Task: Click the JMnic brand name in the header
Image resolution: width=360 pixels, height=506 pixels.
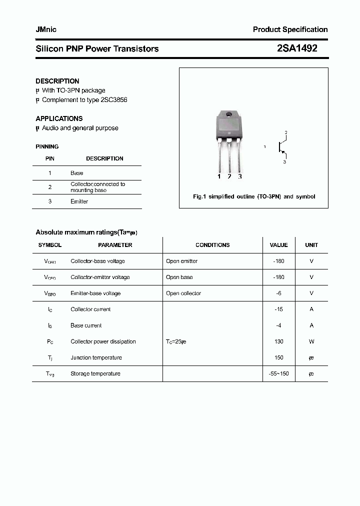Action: (x=46, y=29)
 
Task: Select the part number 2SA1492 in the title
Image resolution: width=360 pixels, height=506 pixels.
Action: (x=297, y=48)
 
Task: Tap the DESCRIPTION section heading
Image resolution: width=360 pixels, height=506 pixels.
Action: (x=57, y=81)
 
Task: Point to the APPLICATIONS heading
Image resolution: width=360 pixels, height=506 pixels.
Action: (x=59, y=118)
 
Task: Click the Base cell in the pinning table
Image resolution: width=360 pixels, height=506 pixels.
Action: (x=77, y=173)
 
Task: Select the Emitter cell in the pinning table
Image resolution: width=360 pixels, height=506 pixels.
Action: (x=79, y=201)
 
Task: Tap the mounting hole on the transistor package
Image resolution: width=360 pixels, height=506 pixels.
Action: (x=229, y=116)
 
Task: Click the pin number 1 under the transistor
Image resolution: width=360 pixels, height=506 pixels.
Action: (x=219, y=176)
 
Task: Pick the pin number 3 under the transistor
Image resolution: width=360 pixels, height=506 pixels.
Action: (x=240, y=176)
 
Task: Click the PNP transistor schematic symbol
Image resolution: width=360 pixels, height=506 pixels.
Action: (x=282, y=147)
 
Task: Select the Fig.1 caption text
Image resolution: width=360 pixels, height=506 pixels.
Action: (x=254, y=196)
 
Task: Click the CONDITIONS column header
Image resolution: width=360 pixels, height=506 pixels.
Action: (x=212, y=245)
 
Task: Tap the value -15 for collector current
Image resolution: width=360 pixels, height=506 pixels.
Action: (x=278, y=309)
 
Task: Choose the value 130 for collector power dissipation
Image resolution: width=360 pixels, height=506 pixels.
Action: (x=278, y=341)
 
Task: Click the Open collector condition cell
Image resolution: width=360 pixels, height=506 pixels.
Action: (x=183, y=293)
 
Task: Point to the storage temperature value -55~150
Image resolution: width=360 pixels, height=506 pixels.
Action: (x=278, y=373)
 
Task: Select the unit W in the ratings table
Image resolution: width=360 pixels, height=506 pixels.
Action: (x=311, y=341)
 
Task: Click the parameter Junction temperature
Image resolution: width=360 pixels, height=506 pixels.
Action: (x=96, y=357)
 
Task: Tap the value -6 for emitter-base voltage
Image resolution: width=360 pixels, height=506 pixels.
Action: (x=278, y=293)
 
